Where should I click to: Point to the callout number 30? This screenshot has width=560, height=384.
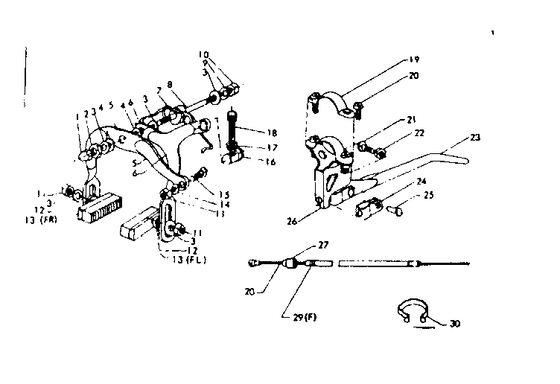454,324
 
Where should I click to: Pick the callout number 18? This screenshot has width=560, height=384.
273,129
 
